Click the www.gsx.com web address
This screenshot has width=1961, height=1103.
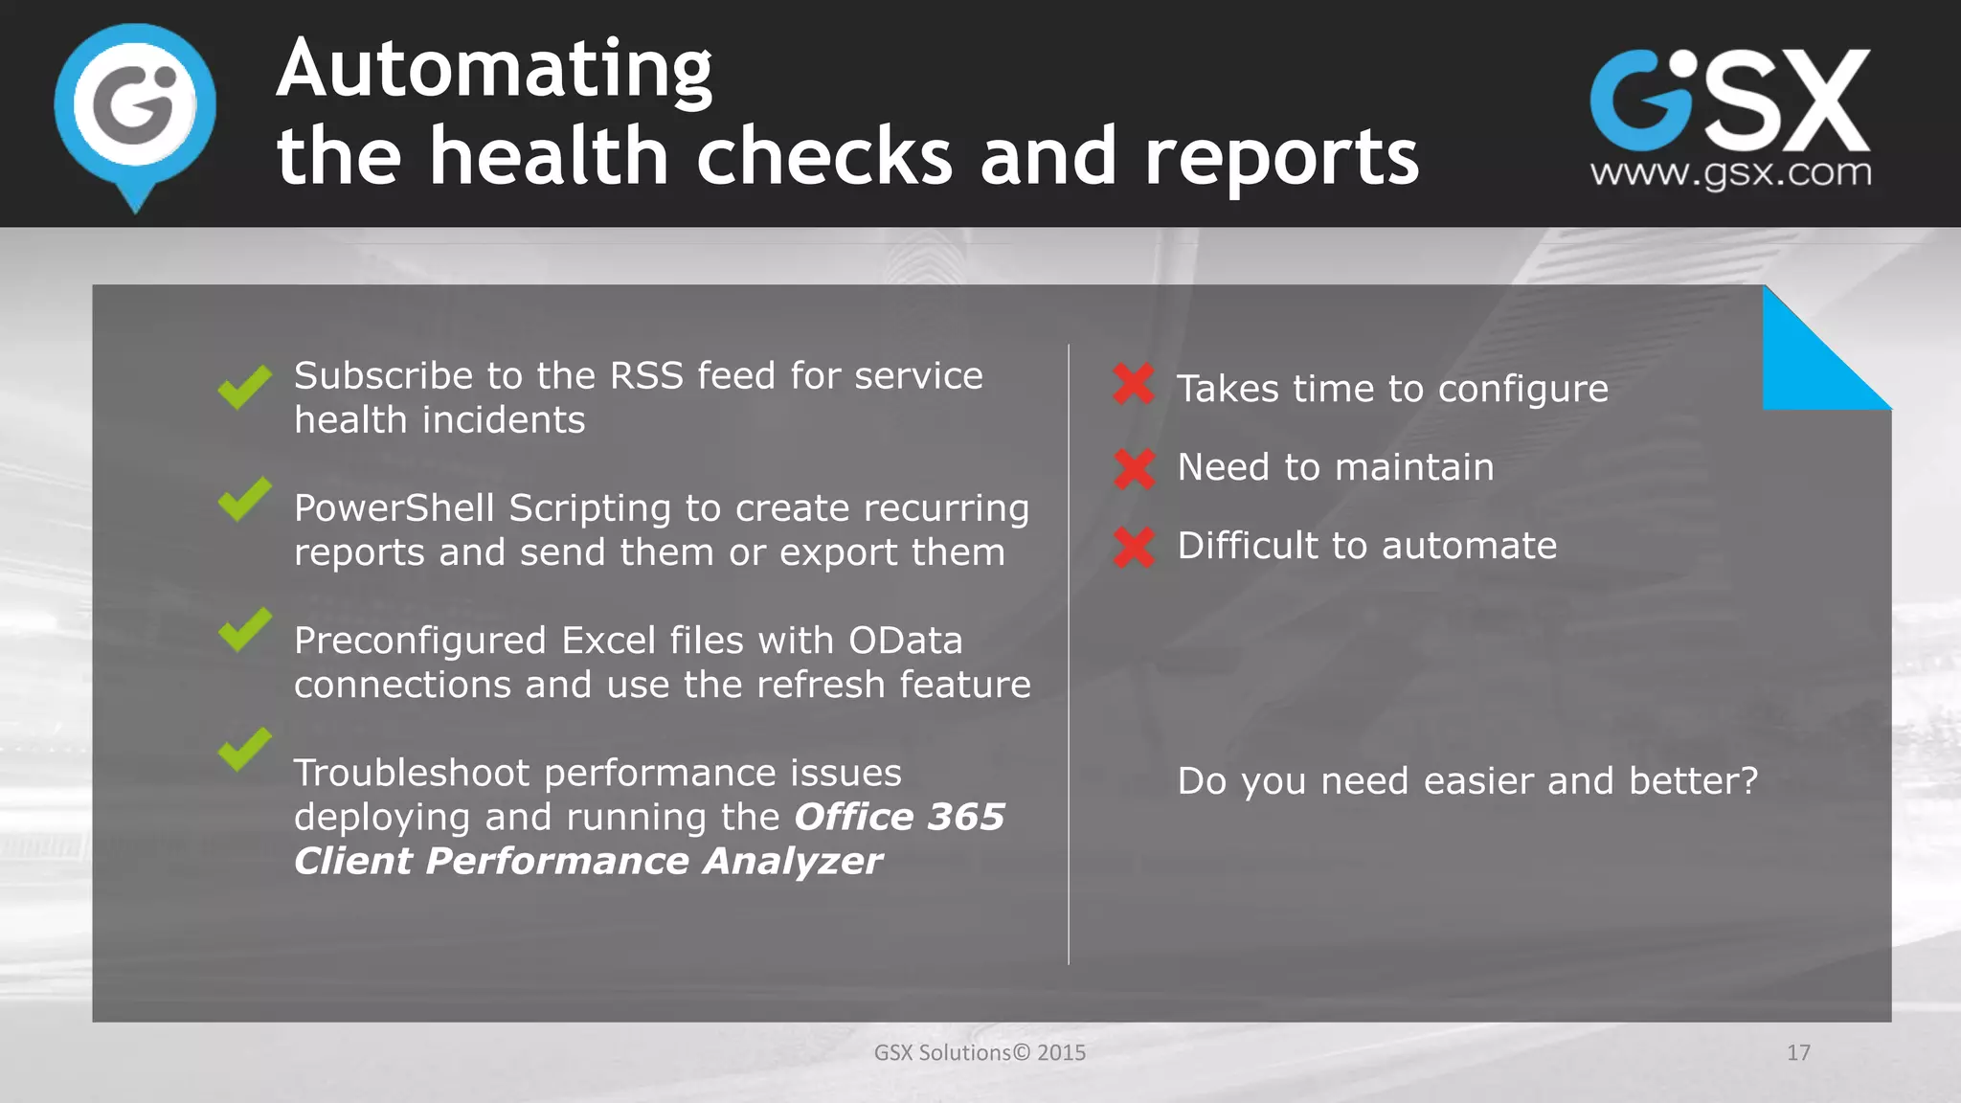pyautogui.click(x=1730, y=173)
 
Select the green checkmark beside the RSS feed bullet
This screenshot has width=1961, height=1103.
pyautogui.click(x=244, y=387)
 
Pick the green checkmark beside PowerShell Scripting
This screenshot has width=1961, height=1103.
pyautogui.click(x=244, y=500)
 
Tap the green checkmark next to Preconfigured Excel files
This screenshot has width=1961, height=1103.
pyautogui.click(x=244, y=630)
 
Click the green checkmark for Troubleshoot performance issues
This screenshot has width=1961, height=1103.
pyautogui.click(x=244, y=750)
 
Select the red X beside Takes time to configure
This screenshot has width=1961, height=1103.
pyautogui.click(x=1134, y=385)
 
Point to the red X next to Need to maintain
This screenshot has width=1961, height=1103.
pyautogui.click(x=1135, y=468)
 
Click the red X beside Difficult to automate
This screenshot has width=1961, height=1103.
pyautogui.click(x=1135, y=547)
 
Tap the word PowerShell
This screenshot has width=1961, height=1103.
pyautogui.click(x=394, y=508)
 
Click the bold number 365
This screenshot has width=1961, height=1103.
pyautogui.click(x=966, y=817)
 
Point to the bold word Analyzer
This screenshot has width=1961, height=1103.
pyautogui.click(x=792, y=862)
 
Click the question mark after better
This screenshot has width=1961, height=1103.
pyautogui.click(x=1748, y=781)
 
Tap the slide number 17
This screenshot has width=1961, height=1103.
pyautogui.click(x=1798, y=1053)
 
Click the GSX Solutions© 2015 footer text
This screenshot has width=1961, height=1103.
pyautogui.click(x=980, y=1053)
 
